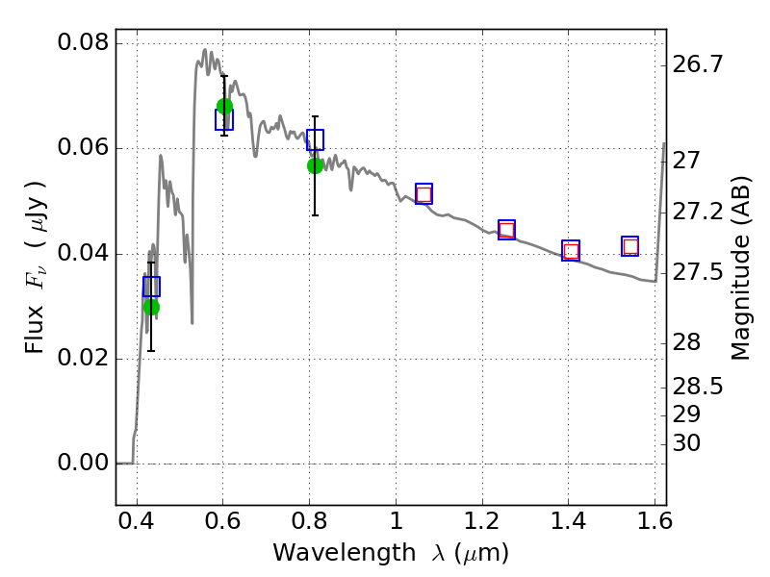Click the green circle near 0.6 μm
tap(224, 106)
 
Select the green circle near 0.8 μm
tap(316, 165)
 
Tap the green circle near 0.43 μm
tap(151, 307)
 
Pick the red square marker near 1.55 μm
tap(630, 246)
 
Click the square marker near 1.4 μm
tap(571, 251)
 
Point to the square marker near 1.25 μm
tap(507, 230)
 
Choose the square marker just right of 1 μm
tap(423, 194)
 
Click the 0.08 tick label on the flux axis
tap(84, 42)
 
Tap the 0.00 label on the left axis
tap(84, 463)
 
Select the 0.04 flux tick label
tap(84, 253)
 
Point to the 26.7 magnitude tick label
tap(698, 64)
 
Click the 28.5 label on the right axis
tap(698, 388)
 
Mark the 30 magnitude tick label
tap(686, 443)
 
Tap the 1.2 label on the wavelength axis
tap(482, 521)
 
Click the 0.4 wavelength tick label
tap(137, 521)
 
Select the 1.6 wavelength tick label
tap(654, 521)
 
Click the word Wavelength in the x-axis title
tap(345, 552)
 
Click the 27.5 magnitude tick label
tap(698, 272)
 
